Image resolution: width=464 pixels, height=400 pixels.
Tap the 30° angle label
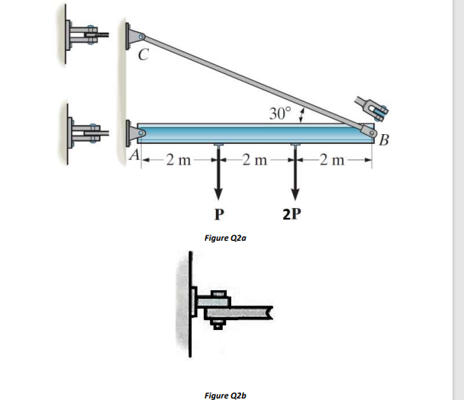point(280,114)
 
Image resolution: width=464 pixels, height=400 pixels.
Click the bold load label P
point(218,213)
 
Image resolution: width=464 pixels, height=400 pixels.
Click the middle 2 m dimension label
point(256,160)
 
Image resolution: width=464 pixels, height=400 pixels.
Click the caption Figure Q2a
point(226,238)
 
